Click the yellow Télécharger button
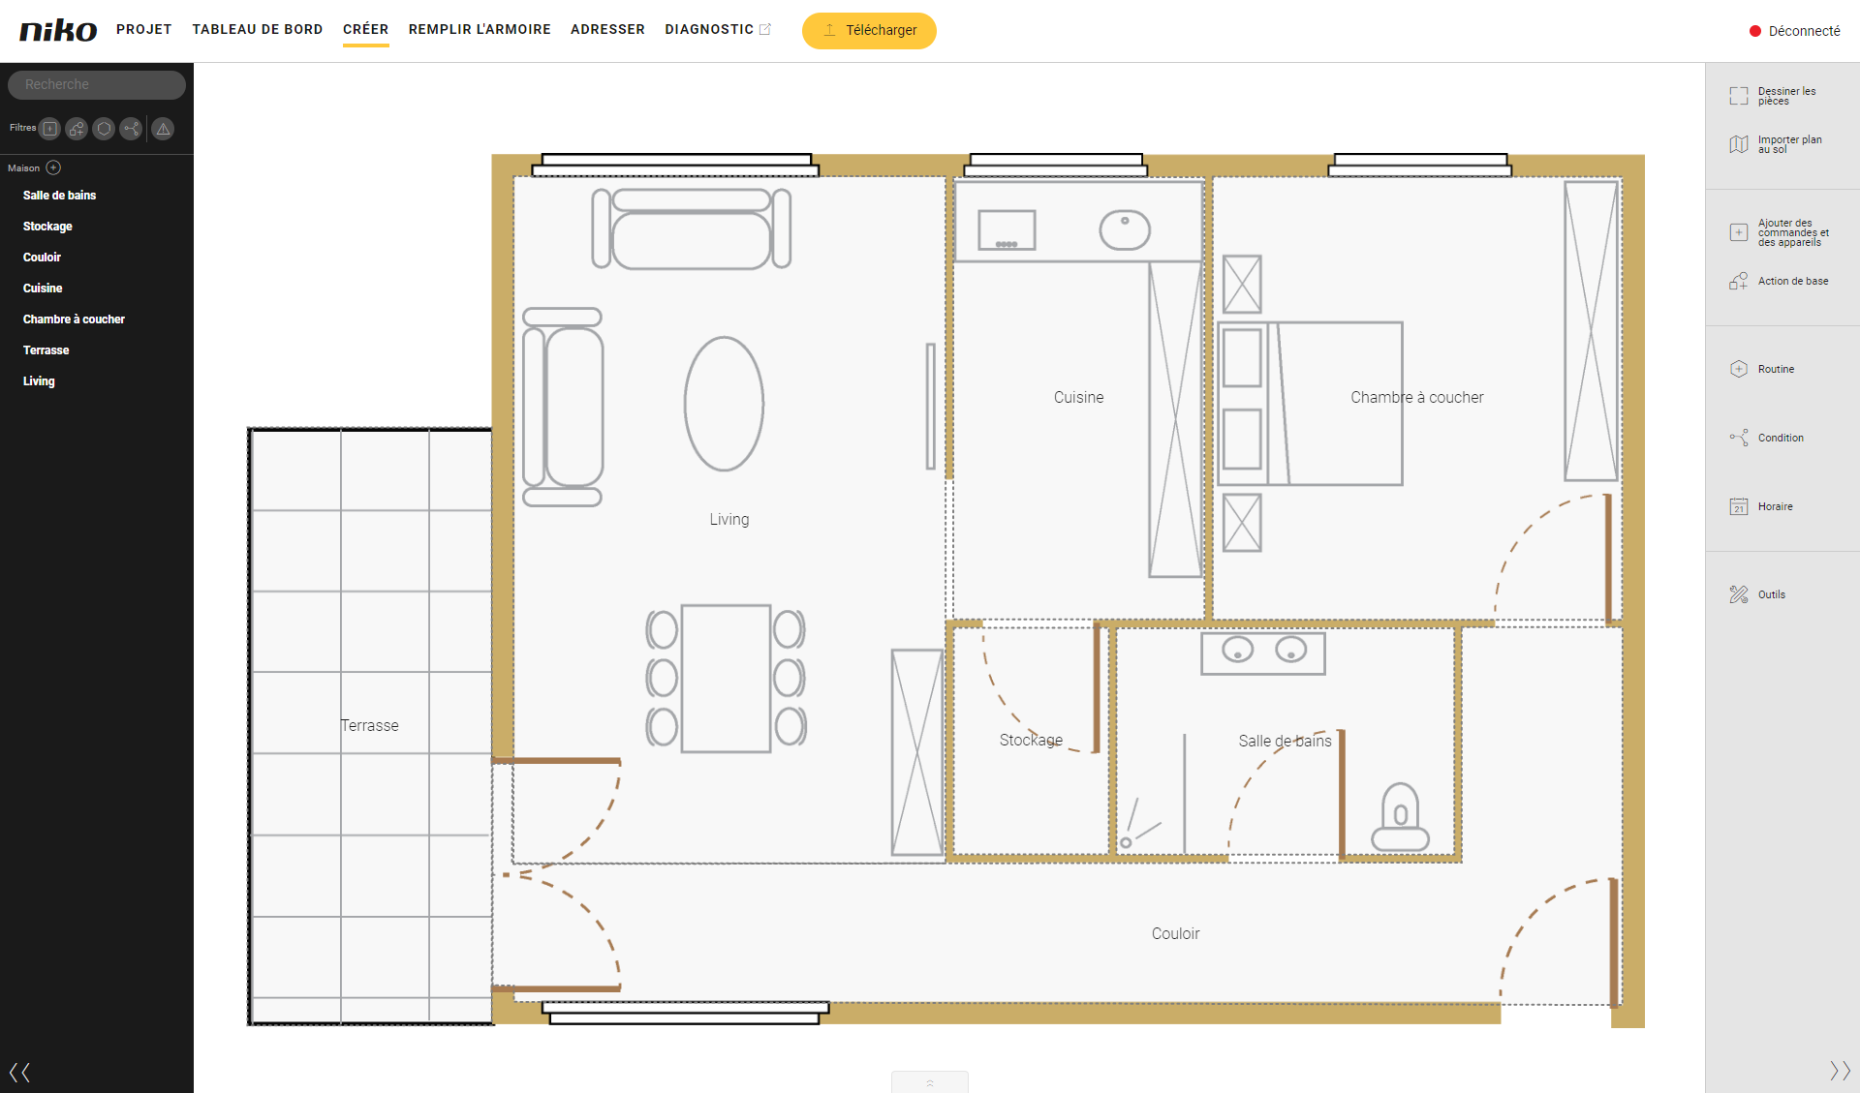pos(869,30)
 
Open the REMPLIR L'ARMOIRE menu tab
pos(480,29)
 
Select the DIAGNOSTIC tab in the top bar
pos(709,29)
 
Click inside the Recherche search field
pos(97,84)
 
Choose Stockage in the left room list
pos(47,226)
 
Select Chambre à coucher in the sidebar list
pos(74,319)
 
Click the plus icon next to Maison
pos(54,167)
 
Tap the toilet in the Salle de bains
pos(1400,818)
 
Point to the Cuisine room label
pos(1078,397)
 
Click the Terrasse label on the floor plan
pos(369,725)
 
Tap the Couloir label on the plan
pos(1175,933)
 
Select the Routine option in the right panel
pos(1776,369)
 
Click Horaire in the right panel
pos(1775,506)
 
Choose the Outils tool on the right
pos(1771,594)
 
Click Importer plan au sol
pos(1789,144)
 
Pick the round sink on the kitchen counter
pos(1125,230)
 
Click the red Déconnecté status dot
pos(1754,31)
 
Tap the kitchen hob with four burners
pos(1007,230)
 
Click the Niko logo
pos(58,30)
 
